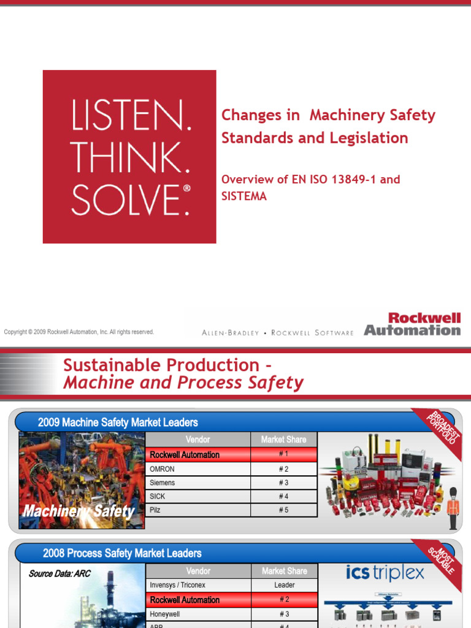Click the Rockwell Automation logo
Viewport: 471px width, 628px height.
412,324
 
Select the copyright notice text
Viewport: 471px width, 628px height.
78,332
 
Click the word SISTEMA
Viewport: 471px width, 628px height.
243,197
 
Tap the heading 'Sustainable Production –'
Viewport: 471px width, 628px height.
167,366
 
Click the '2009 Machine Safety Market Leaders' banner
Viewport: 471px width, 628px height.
118,422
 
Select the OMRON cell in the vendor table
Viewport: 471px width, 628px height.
197,469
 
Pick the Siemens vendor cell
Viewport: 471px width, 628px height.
197,483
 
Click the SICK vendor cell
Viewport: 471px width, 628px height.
197,496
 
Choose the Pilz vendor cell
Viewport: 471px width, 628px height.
197,510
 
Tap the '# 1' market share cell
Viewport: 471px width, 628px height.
283,454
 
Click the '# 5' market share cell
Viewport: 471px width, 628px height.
283,510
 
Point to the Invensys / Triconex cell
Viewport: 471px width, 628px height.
197,585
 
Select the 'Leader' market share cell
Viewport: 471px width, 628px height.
283,585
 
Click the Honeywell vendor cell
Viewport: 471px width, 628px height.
197,614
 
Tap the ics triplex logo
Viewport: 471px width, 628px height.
385,573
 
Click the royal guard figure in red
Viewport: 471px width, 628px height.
453,508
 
